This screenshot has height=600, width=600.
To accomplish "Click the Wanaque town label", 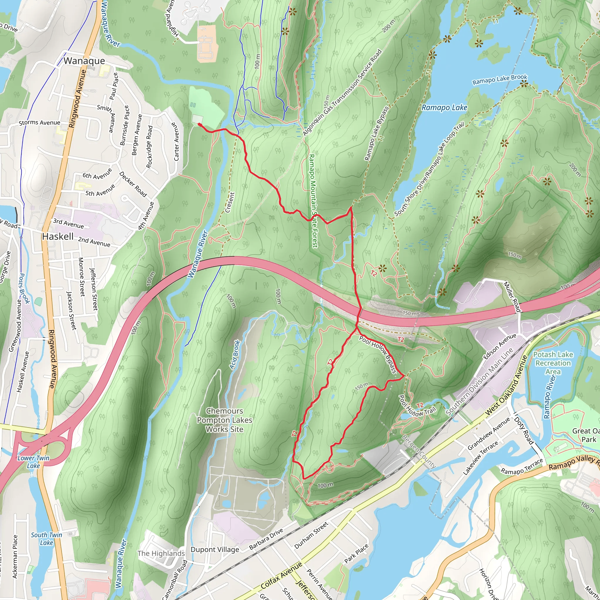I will pos(84,61).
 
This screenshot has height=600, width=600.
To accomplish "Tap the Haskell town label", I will pos(58,237).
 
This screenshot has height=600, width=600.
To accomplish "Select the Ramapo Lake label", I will pos(444,108).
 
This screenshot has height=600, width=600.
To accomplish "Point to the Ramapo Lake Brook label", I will pos(500,79).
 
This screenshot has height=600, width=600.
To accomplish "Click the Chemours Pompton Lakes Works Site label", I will pos(224,420).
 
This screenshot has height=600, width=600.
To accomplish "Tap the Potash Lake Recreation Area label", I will pos(553,363).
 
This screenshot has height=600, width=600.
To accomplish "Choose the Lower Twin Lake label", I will pos(33,462).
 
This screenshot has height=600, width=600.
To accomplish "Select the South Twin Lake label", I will pos(46,539).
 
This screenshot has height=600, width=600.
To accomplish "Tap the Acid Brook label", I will pos(235,355).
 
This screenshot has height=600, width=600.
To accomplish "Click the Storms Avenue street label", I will pos(40,123).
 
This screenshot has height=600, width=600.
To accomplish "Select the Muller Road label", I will pos(512,296).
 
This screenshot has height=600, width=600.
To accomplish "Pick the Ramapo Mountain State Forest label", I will pos(313,201).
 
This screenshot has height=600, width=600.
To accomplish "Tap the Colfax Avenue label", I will pos(281,575).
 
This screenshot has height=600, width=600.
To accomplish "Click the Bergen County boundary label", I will pos(419,451).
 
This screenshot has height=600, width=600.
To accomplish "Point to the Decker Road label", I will pos(133,184).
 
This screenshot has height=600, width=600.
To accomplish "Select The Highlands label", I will pos(161,553).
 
